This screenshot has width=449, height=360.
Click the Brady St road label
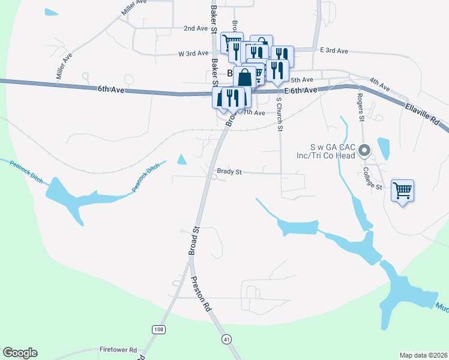[229, 172]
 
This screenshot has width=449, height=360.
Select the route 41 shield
[226, 339]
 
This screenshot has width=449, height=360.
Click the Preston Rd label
[199, 293]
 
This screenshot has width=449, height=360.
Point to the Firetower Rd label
[118, 349]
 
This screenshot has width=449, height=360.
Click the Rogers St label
[361, 107]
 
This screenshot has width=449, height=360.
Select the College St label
[373, 178]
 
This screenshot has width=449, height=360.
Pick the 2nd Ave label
[195, 28]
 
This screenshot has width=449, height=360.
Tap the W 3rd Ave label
[193, 53]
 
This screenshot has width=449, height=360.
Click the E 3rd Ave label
[334, 51]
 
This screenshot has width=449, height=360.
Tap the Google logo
[20, 353]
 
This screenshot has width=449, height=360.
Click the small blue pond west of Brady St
[182, 160]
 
